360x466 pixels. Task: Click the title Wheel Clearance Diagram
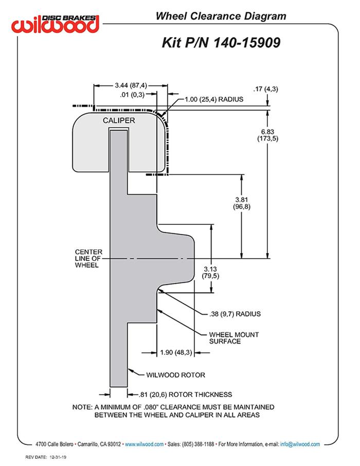[x=221, y=16]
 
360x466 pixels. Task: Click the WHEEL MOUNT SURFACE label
[x=234, y=337]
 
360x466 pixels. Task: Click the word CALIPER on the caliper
[x=118, y=120]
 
